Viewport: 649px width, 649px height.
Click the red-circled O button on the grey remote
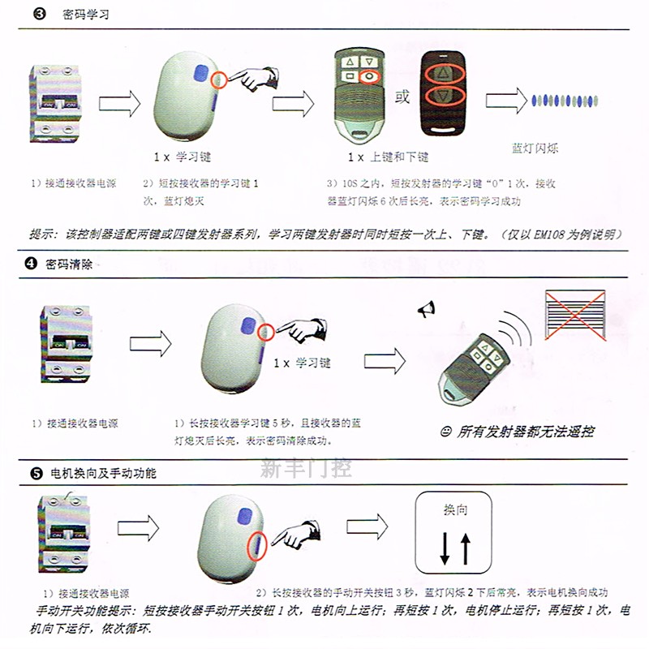pos(369,77)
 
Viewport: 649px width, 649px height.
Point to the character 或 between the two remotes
pos(402,98)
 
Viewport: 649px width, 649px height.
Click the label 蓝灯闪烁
pos(535,149)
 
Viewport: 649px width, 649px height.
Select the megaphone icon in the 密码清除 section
pos(428,308)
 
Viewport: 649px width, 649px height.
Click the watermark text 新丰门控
pos(306,468)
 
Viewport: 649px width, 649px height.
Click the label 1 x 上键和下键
pos(388,157)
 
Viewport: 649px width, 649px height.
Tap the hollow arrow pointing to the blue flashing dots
pos(506,102)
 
